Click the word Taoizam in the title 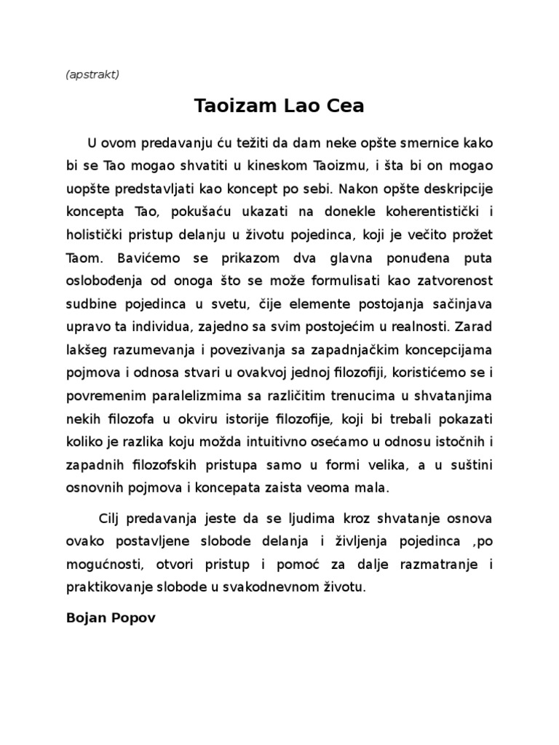click(231, 107)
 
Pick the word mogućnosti click(106, 565)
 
